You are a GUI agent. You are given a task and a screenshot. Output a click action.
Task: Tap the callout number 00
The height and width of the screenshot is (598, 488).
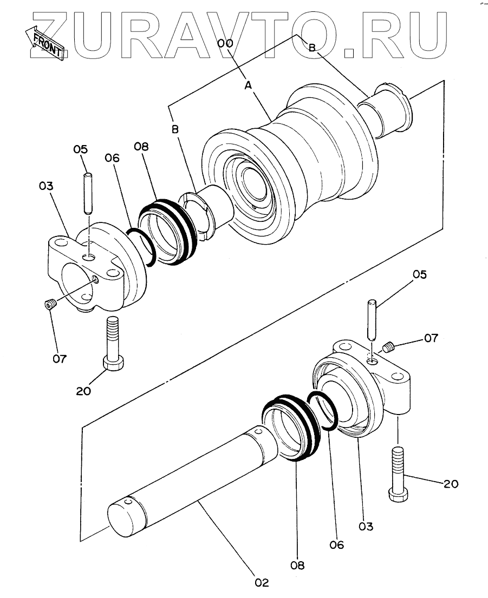[x=225, y=43]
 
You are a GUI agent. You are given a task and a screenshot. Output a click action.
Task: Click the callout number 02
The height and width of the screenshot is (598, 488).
[x=262, y=582]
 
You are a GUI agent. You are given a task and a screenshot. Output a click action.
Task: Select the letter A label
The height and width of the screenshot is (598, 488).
[x=249, y=86]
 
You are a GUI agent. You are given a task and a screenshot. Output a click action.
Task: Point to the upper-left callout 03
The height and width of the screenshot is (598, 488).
[x=46, y=186]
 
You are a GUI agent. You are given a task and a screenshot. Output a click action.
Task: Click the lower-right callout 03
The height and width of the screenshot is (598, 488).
[x=366, y=527]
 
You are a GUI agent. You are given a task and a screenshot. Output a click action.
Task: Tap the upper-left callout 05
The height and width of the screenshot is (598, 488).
[x=81, y=149]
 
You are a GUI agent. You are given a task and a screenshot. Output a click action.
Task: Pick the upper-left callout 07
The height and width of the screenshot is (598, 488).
[x=60, y=358]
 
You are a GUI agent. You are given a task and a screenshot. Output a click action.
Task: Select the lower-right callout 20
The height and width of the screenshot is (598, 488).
[x=451, y=484]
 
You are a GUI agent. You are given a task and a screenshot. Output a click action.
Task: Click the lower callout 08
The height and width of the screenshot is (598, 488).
[x=297, y=565]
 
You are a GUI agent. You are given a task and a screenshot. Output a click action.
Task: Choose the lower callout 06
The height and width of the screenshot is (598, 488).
[x=337, y=544]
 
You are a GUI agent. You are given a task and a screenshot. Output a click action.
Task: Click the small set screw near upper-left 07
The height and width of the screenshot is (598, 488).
[x=50, y=304]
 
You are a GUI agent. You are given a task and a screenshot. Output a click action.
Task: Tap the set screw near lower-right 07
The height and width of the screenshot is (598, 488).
[x=388, y=347]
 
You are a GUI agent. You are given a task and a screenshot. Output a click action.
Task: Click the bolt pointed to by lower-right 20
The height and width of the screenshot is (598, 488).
[x=399, y=474]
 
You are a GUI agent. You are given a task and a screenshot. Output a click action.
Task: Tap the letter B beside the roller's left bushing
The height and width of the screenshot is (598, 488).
[x=175, y=129]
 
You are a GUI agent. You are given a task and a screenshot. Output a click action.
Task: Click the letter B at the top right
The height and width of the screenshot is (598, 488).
[x=312, y=48]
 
